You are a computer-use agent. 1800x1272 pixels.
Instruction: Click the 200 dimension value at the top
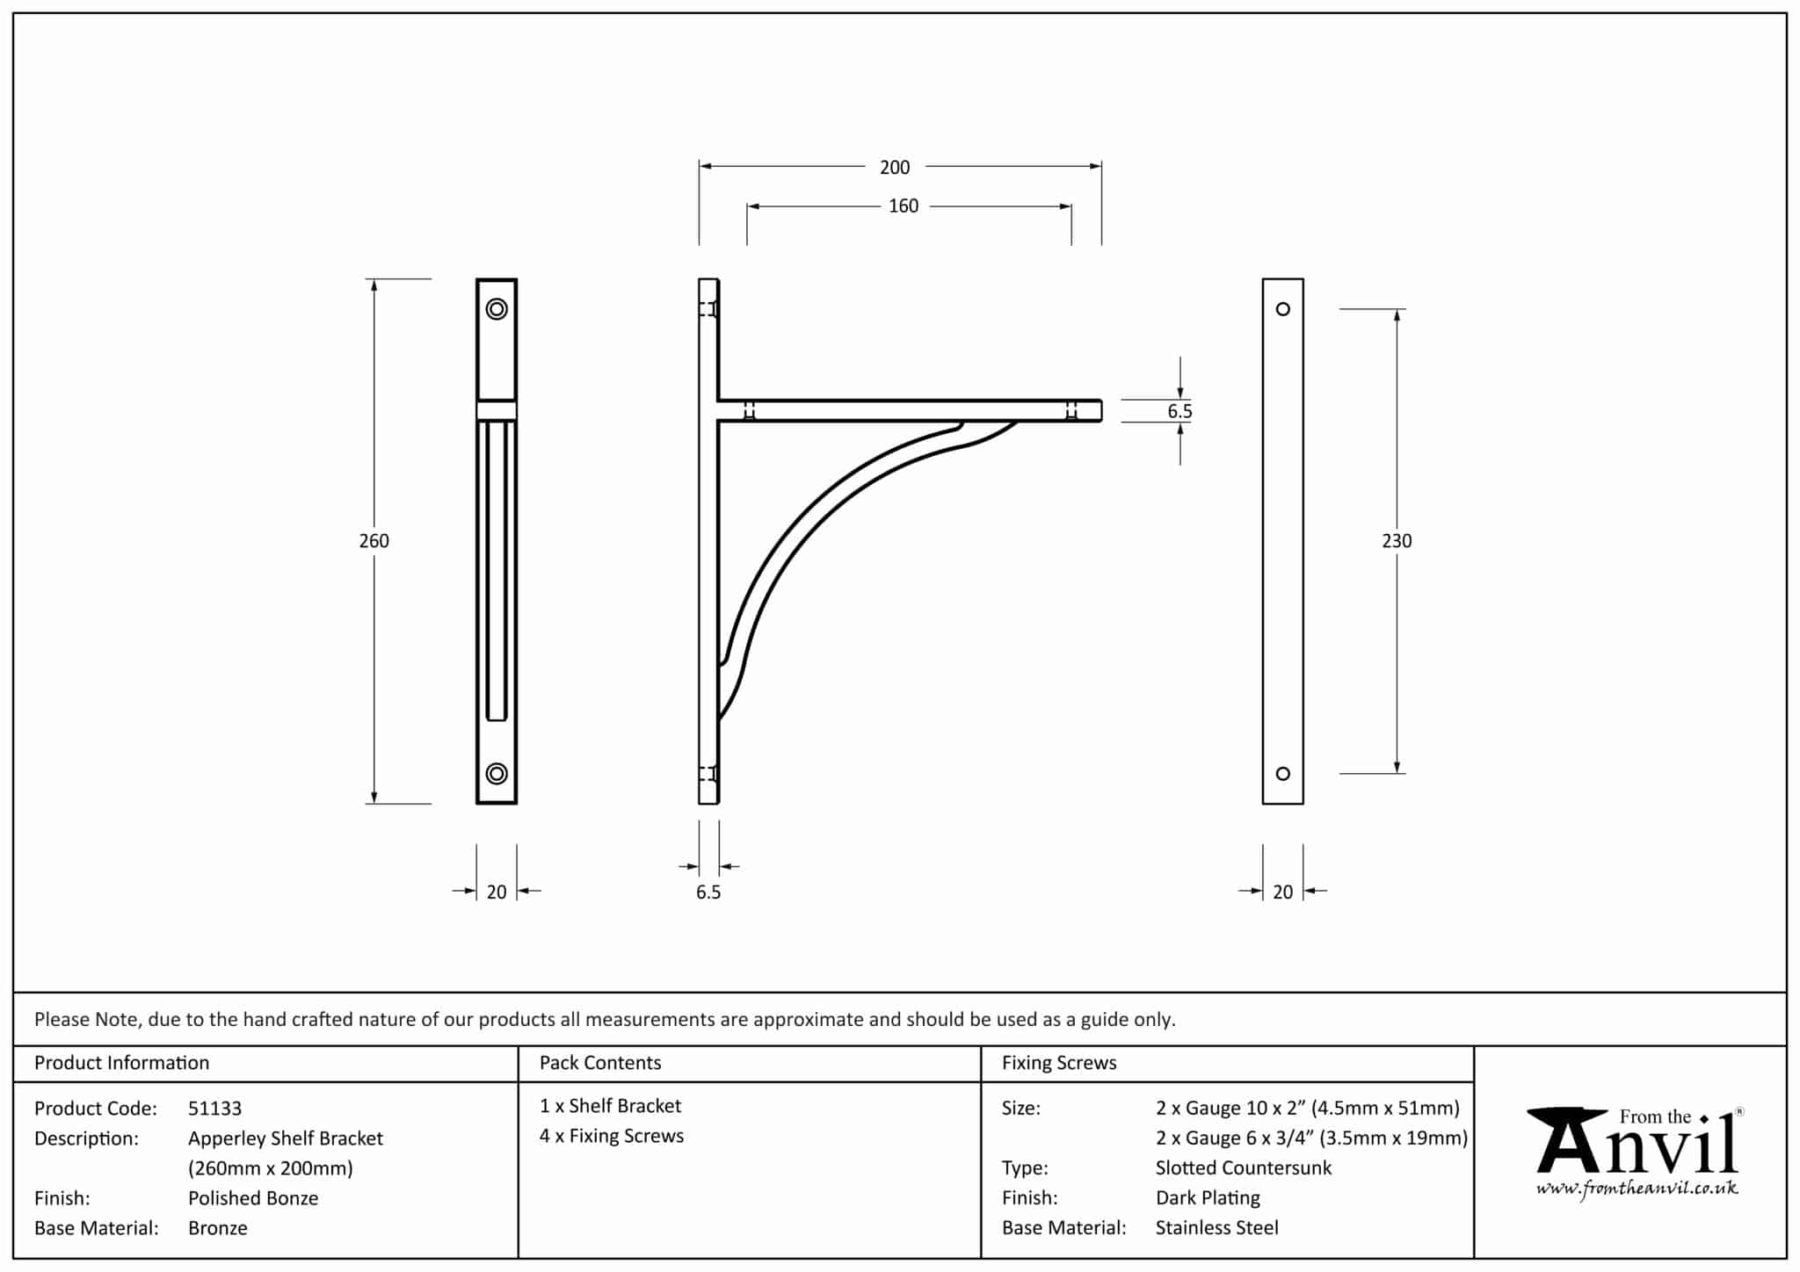pyautogui.click(x=895, y=167)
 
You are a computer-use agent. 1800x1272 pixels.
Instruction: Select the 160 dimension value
pyautogui.click(x=903, y=206)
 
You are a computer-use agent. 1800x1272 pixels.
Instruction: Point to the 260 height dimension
pyautogui.click(x=374, y=541)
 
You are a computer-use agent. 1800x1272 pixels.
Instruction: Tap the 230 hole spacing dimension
pyautogui.click(x=1396, y=541)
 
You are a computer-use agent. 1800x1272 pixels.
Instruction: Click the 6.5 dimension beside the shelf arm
pyautogui.click(x=1179, y=411)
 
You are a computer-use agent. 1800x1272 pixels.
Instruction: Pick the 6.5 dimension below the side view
pyautogui.click(x=708, y=893)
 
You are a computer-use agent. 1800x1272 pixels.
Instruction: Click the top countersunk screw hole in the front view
pyautogui.click(x=497, y=309)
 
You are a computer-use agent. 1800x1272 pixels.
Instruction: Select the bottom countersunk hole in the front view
pyautogui.click(x=497, y=773)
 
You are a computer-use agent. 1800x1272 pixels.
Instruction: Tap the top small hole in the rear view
pyautogui.click(x=1282, y=309)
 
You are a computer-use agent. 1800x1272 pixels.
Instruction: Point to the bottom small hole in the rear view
pyautogui.click(x=1282, y=773)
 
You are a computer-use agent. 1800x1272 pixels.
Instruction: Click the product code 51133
pyautogui.click(x=214, y=1109)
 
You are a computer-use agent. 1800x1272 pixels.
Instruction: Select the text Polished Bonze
pyautogui.click(x=253, y=1198)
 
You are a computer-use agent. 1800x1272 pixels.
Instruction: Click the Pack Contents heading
pyautogui.click(x=600, y=1063)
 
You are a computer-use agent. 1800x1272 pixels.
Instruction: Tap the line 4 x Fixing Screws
pyautogui.click(x=612, y=1136)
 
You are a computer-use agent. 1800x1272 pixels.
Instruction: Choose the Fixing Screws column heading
pyautogui.click(x=1059, y=1063)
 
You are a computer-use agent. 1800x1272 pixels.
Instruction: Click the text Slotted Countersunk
pyautogui.click(x=1243, y=1168)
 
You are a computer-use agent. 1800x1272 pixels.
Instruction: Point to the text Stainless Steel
pyautogui.click(x=1216, y=1228)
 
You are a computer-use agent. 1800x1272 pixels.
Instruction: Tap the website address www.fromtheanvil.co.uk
pyautogui.click(x=1637, y=1189)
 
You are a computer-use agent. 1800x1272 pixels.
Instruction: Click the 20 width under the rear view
pyautogui.click(x=1282, y=893)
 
